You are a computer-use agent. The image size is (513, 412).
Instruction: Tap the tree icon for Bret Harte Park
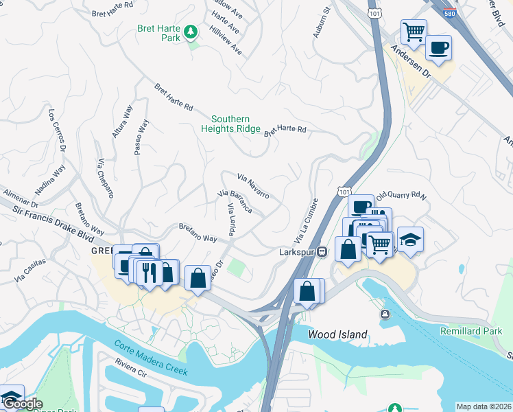pyautogui.click(x=191, y=32)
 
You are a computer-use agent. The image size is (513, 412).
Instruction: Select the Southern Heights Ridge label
pyautogui.click(x=230, y=124)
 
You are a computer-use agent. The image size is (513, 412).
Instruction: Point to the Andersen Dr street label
pyautogui.click(x=409, y=59)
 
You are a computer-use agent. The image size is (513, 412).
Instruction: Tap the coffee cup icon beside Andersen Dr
pyautogui.click(x=438, y=47)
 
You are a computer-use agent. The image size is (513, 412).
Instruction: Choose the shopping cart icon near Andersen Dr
pyautogui.click(x=414, y=32)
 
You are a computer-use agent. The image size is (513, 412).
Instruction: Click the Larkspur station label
pyautogui.click(x=299, y=251)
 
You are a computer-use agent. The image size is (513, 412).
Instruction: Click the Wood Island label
pyautogui.click(x=337, y=334)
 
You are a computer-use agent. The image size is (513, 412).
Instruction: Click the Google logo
pyautogui.click(x=22, y=404)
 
